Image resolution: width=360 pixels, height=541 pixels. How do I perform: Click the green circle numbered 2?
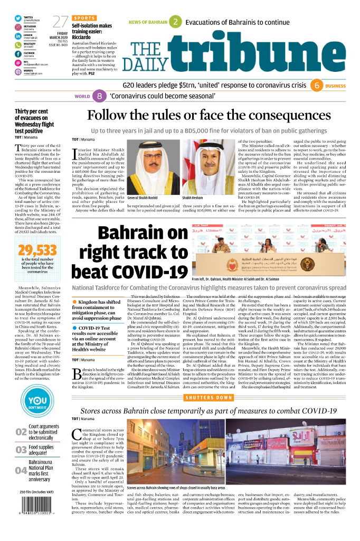point(176,22)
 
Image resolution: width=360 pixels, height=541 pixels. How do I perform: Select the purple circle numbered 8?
point(99,96)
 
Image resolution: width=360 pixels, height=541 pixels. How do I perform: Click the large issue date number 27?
point(60,22)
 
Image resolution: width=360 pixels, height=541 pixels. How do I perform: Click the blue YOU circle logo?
point(37,404)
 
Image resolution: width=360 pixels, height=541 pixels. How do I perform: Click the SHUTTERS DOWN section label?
point(210,397)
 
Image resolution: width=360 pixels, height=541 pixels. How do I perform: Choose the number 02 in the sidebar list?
point(21,433)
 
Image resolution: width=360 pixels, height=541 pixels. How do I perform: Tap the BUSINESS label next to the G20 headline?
point(335,86)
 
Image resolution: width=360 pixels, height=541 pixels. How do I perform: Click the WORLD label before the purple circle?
point(82,97)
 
